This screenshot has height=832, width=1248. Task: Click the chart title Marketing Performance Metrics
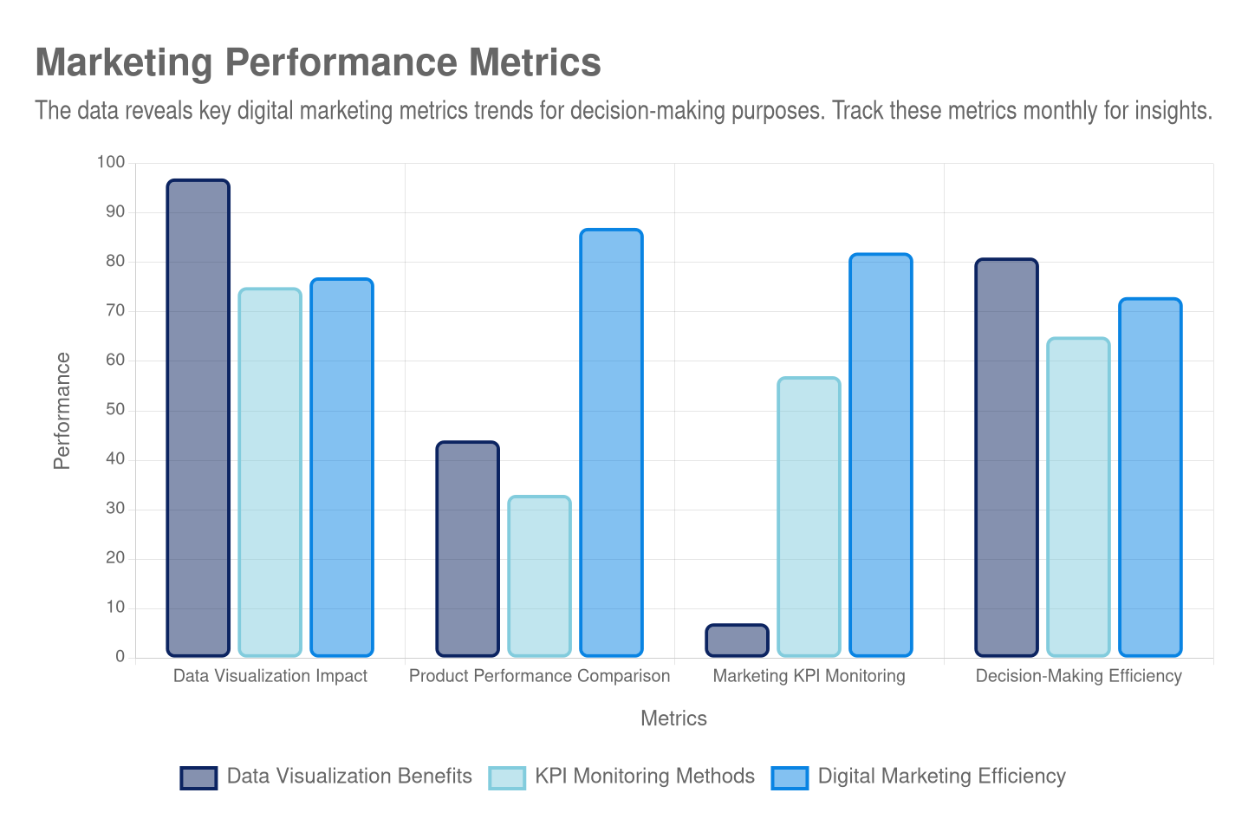pyautogui.click(x=317, y=63)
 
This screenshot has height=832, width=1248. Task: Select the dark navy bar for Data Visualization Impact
pyautogui.click(x=198, y=417)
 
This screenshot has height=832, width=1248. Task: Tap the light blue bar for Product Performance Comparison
pyautogui.click(x=539, y=575)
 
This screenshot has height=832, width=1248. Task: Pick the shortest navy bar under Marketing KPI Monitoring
pyautogui.click(x=737, y=640)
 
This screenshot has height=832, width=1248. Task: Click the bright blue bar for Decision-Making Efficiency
pyautogui.click(x=1150, y=477)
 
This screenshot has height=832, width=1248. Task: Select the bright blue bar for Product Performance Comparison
pyautogui.click(x=611, y=442)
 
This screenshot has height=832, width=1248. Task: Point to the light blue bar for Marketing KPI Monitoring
pyautogui.click(x=809, y=517)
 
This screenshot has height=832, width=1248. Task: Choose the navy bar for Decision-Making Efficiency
pyautogui.click(x=1006, y=457)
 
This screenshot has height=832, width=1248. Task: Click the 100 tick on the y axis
pyautogui.click(x=111, y=162)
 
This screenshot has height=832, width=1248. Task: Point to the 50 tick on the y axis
pyautogui.click(x=114, y=409)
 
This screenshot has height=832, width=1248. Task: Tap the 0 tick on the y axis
pyautogui.click(x=120, y=656)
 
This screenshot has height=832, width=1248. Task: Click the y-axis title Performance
pyautogui.click(x=62, y=411)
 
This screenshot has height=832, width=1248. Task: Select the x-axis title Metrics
pyautogui.click(x=673, y=718)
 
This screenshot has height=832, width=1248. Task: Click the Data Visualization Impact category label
pyautogui.click(x=270, y=676)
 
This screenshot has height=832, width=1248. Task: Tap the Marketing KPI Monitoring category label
pyautogui.click(x=809, y=676)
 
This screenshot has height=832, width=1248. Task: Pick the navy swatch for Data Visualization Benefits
pyautogui.click(x=198, y=777)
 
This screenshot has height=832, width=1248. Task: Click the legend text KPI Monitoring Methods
pyautogui.click(x=645, y=777)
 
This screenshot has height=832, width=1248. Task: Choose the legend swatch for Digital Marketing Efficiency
pyautogui.click(x=790, y=777)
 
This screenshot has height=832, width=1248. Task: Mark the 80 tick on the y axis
pyautogui.click(x=114, y=261)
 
